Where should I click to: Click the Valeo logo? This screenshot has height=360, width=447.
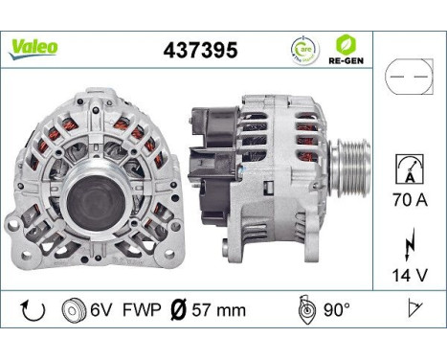[34, 46]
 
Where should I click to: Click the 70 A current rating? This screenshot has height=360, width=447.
[408, 201]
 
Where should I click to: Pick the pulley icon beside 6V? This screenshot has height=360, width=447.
[70, 310]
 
